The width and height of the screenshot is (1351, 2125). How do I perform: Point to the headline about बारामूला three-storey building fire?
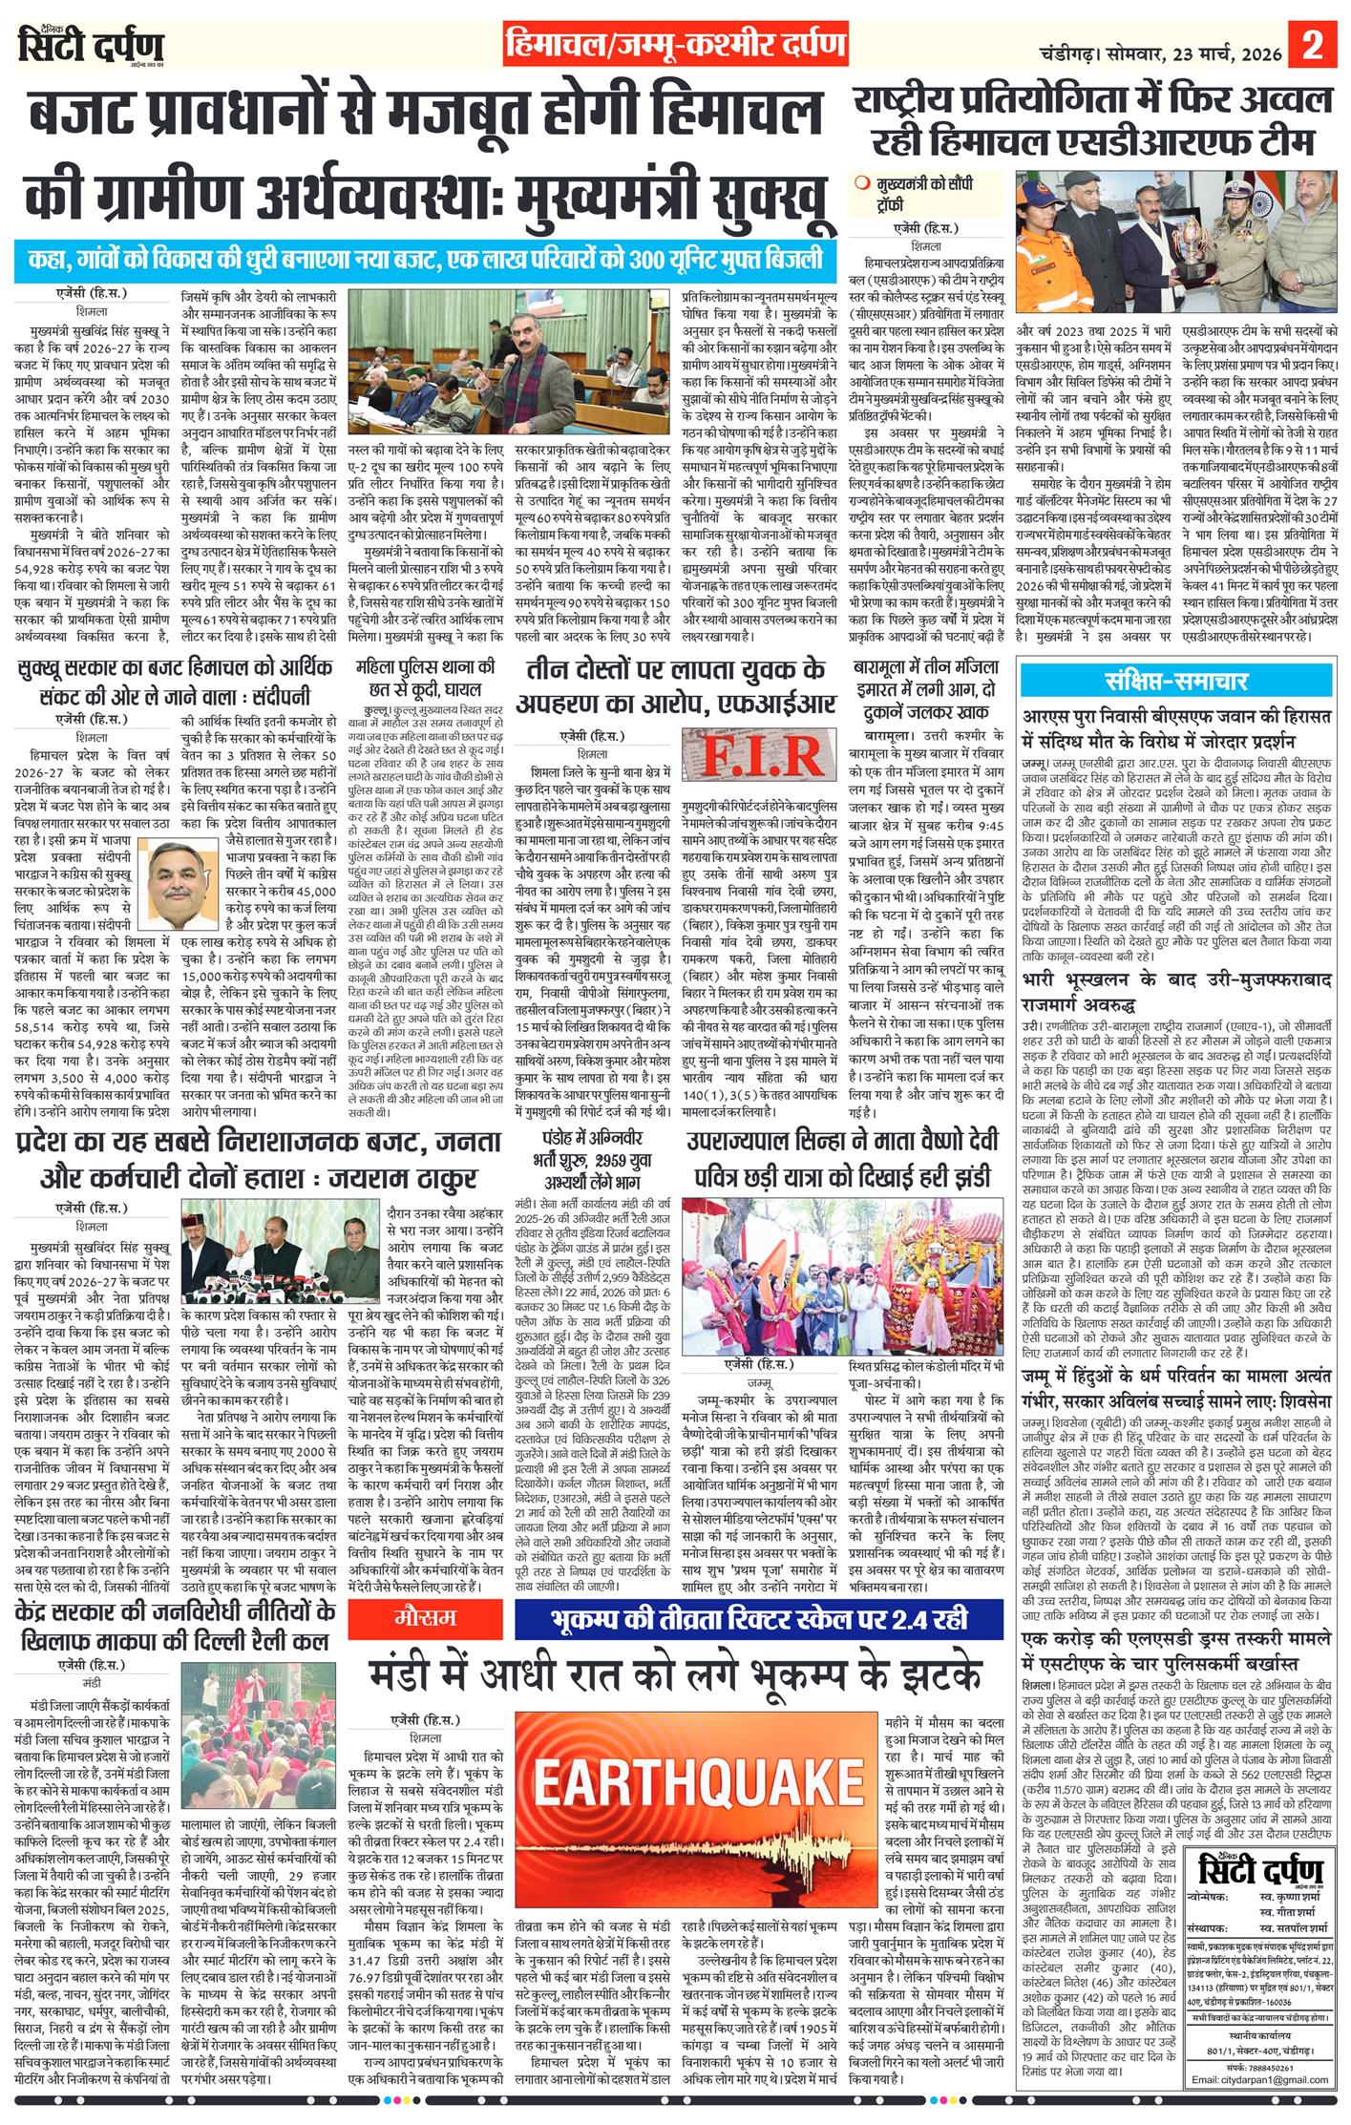pos(926,687)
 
